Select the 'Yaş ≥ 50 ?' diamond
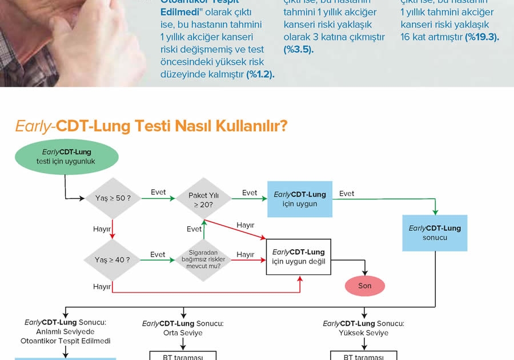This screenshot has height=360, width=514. coord(113,198)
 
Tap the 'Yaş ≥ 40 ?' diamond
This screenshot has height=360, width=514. coord(113,260)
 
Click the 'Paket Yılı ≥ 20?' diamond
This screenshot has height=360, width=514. coord(204,199)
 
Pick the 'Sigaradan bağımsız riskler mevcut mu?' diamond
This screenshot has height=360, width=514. coord(203,260)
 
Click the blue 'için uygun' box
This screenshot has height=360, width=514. coord(300,199)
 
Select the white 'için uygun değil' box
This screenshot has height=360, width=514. coord(299,257)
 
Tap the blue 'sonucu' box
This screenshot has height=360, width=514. coord(435,233)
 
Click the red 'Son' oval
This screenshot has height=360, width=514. coord(365,286)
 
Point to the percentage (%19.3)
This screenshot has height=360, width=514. coord(482,37)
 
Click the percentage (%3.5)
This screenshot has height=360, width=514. coord(298,49)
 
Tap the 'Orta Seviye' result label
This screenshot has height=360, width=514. coord(183,333)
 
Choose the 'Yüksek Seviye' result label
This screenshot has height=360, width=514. coord(364,333)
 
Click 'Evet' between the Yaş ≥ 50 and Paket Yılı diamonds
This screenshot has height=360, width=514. coord(158,192)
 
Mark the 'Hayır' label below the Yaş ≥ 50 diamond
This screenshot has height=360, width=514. coord(102,229)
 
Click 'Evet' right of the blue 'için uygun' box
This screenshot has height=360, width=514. coord(347,193)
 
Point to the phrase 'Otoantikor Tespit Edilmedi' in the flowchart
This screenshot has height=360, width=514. coord(65,341)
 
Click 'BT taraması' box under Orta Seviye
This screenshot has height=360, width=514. coord(183,356)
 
